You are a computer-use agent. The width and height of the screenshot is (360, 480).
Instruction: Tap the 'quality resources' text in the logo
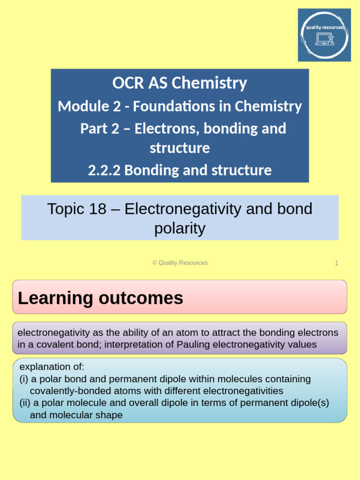[x=324, y=27]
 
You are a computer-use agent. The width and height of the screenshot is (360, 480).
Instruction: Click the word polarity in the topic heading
[x=180, y=228]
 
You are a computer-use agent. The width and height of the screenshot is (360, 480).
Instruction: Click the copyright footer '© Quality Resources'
[x=180, y=263]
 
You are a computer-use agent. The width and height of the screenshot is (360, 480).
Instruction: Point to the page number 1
[x=336, y=263]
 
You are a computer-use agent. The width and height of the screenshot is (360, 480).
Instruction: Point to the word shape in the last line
[x=111, y=415]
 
